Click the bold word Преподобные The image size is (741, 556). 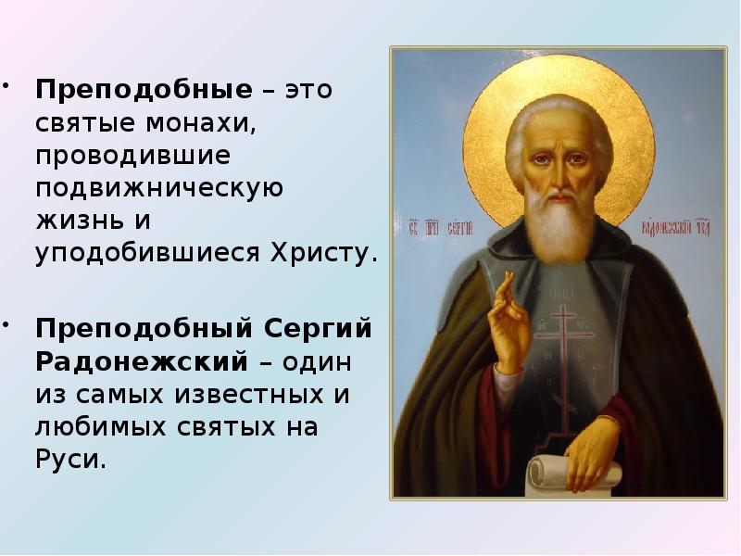pyautogui.click(x=144, y=92)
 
